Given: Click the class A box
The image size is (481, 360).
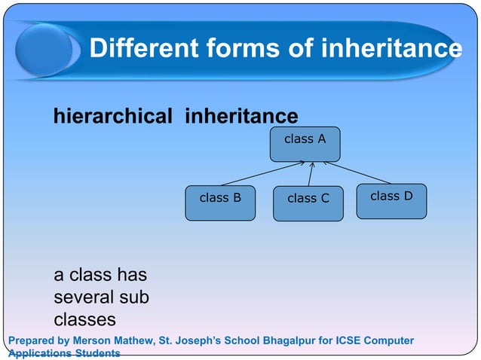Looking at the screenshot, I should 305,144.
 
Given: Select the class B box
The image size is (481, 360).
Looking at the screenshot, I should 220,203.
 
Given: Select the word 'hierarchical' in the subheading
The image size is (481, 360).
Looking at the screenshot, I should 112,116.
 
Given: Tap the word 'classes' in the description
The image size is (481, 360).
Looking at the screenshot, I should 84,319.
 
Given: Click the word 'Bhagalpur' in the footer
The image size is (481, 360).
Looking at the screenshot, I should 288,340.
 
